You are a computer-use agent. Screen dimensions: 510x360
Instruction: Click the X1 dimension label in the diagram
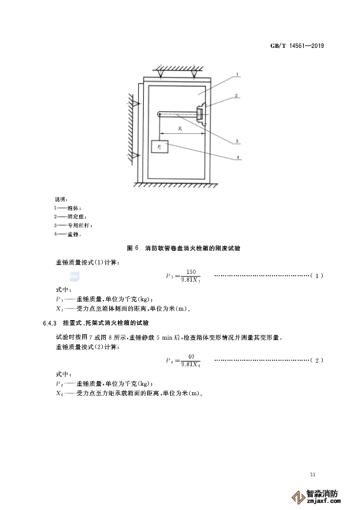coord(180,128)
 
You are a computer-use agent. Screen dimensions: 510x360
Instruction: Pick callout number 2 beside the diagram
coord(236,95)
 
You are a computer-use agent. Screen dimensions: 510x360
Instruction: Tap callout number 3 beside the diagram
coord(236,141)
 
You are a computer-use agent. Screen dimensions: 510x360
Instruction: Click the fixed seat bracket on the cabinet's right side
coord(201,112)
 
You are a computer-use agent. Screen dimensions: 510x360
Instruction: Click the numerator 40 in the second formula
coord(190,356)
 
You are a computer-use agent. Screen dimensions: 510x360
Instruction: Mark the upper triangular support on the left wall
coord(135,104)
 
